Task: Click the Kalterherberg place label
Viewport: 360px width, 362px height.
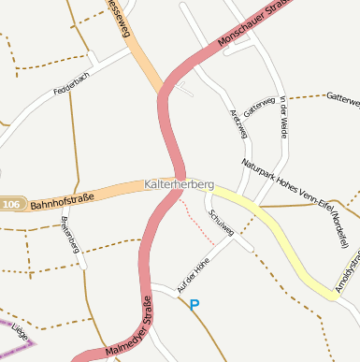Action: tap(180, 185)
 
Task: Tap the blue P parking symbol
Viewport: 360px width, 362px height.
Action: tap(194, 304)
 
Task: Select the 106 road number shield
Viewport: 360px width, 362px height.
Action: tap(11, 205)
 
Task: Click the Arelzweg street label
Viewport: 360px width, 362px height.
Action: tap(238, 123)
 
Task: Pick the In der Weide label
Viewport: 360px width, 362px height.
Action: tap(283, 118)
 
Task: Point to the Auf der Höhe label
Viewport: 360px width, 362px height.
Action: tap(192, 276)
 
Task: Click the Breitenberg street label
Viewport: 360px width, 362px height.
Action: tap(69, 233)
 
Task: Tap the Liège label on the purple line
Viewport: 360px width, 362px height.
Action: tap(19, 334)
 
